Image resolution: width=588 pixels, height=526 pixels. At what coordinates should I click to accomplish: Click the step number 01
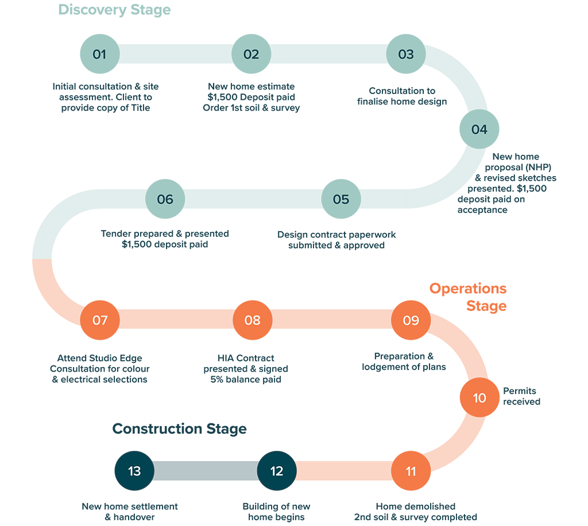pyautogui.click(x=99, y=54)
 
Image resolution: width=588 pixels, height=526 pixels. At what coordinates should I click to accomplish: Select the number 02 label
pyautogui.click(x=251, y=54)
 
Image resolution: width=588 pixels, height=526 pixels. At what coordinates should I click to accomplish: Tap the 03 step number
pyautogui.click(x=405, y=54)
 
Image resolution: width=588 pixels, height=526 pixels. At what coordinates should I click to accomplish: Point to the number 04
pyautogui.click(x=479, y=130)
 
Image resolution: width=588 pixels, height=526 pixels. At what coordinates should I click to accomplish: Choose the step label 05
pyautogui.click(x=341, y=200)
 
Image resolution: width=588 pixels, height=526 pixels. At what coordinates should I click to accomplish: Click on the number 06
pyautogui.click(x=165, y=200)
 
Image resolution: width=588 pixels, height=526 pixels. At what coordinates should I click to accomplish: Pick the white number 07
pyautogui.click(x=100, y=320)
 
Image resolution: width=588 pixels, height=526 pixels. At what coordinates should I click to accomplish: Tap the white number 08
pyautogui.click(x=252, y=320)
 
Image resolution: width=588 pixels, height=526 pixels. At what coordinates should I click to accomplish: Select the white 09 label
pyautogui.click(x=411, y=320)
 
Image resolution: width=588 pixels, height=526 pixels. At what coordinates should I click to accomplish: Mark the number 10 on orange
pyautogui.click(x=479, y=398)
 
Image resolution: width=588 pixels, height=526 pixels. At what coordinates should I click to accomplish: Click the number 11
pyautogui.click(x=411, y=472)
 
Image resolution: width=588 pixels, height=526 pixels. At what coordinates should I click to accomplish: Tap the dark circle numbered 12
pyautogui.click(x=277, y=471)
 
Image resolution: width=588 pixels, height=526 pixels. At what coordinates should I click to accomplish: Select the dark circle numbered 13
pyautogui.click(x=134, y=471)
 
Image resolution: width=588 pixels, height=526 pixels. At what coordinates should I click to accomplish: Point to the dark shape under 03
pyautogui.click(x=396, y=109)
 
